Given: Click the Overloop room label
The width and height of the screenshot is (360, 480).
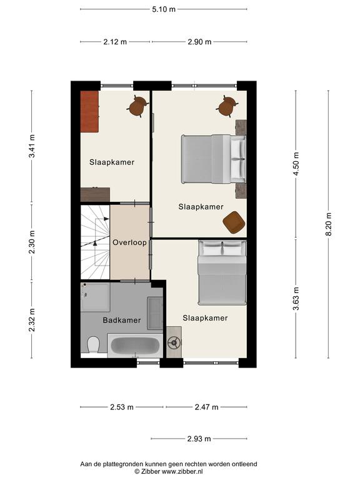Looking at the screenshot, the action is click(x=129, y=242).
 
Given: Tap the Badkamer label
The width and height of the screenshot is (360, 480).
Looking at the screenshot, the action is click(x=121, y=320).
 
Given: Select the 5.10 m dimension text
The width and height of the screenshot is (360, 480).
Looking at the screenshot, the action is click(x=164, y=9).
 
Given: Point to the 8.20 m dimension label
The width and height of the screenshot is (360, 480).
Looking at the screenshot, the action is click(x=329, y=224).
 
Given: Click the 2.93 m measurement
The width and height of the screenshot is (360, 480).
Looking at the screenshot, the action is click(x=199, y=439).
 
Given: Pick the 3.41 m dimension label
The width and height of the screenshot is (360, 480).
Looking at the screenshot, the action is click(x=31, y=146).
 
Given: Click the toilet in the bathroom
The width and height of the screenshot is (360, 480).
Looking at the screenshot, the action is click(x=93, y=344).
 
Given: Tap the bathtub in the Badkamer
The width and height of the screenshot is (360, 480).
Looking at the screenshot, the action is click(x=135, y=345).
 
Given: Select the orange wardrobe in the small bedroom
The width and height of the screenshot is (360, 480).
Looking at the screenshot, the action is click(x=89, y=111).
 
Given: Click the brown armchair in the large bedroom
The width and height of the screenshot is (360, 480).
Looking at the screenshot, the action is click(x=234, y=222).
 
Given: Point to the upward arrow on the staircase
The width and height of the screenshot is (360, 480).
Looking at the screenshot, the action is click(x=95, y=243).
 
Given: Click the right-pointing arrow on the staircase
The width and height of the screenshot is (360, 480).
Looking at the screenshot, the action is click(x=106, y=219).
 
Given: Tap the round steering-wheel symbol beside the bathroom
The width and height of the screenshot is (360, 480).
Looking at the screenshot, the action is click(x=174, y=342).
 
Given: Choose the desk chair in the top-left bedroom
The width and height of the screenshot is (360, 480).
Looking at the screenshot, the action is click(x=137, y=106).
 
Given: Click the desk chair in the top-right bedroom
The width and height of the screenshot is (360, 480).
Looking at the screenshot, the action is click(x=227, y=106).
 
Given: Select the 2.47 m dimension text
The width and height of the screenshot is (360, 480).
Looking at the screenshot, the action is click(x=207, y=407).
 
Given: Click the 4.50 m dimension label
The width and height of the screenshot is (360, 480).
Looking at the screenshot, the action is click(x=296, y=164).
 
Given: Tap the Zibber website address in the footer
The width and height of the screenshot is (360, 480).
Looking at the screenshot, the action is click(x=182, y=471).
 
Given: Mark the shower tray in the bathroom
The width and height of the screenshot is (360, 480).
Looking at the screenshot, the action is click(x=95, y=297).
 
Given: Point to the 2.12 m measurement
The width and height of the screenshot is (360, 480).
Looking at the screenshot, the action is click(x=115, y=42).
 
